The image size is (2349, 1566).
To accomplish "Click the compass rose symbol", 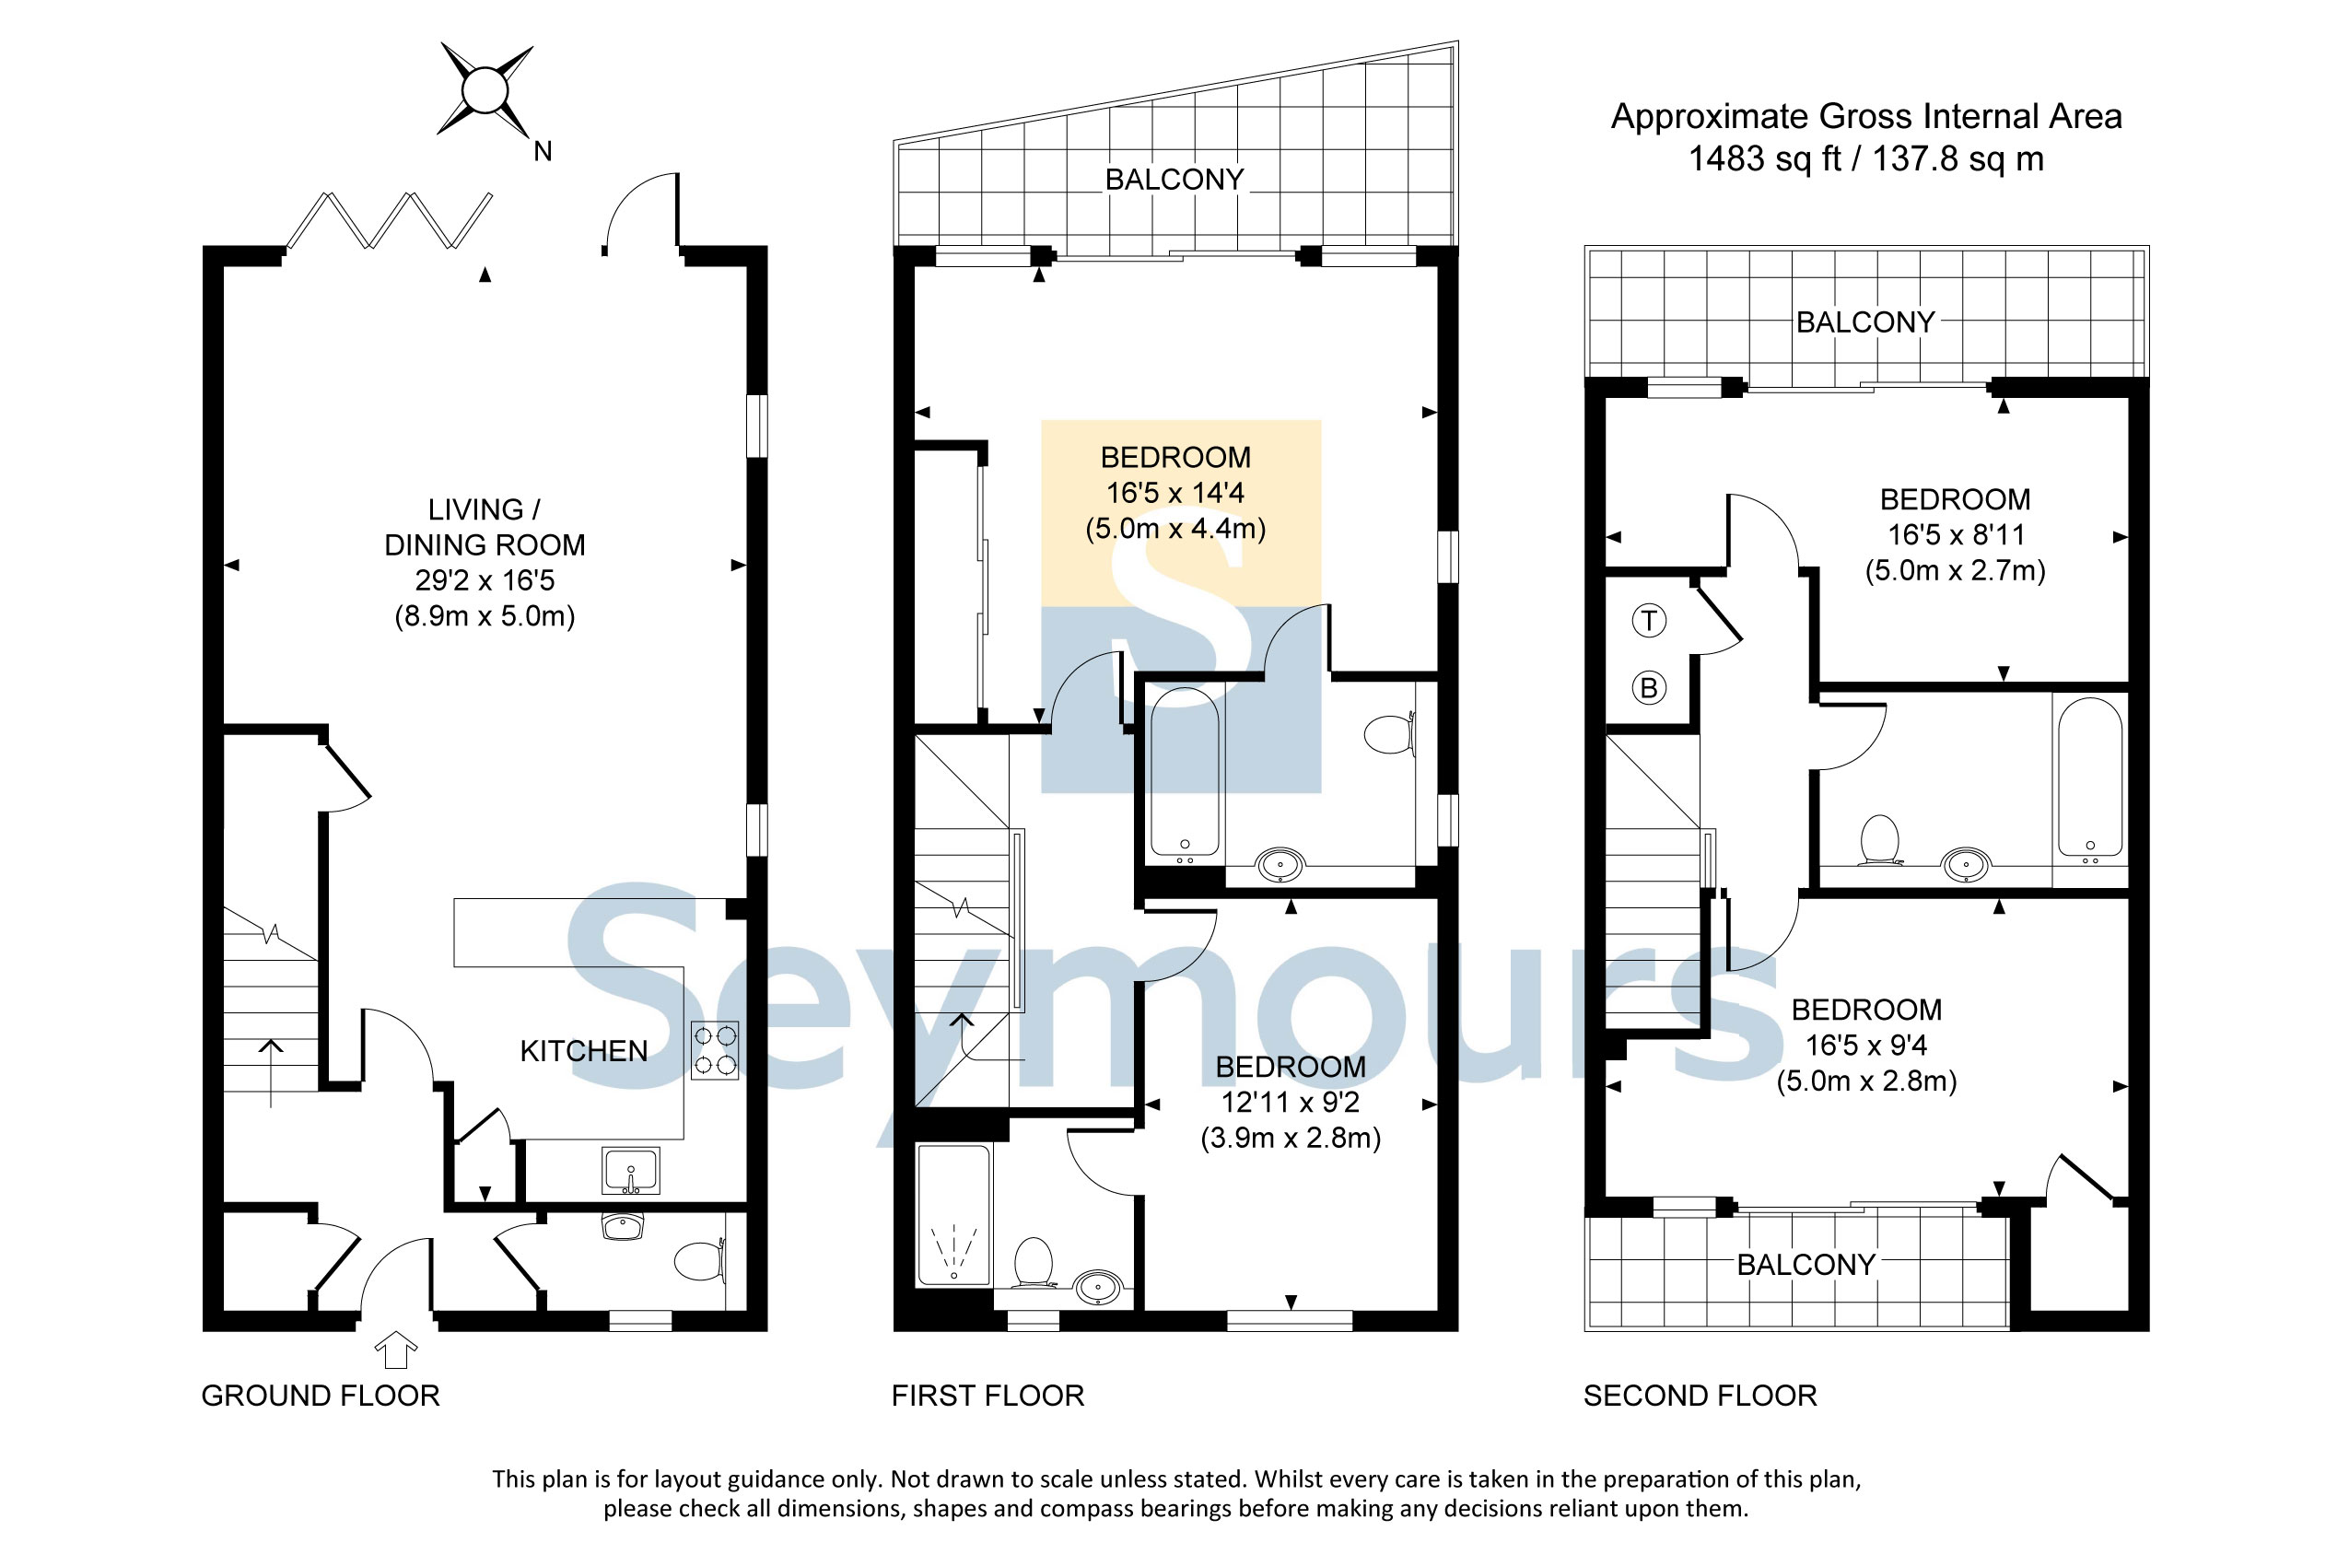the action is tap(485, 90).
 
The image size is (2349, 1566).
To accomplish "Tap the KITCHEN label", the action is tap(584, 1051).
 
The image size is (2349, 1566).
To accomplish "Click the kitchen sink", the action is tap(631, 1171).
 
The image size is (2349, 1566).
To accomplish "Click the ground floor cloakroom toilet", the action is tap(700, 1260).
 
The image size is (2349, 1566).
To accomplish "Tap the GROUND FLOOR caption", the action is tap(321, 1396).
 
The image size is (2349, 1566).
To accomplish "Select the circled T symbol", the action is tap(1649, 621).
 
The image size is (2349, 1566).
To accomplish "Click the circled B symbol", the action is tap(1649, 687).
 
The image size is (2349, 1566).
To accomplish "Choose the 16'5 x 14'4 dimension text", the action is tap(1175, 493).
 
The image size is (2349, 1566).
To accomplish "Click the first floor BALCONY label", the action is tap(1174, 180).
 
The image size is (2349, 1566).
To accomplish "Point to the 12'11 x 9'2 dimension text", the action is tap(1291, 1103).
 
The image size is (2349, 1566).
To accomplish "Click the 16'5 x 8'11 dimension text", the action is tap(1956, 534).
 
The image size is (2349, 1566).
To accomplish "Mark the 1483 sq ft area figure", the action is tap(1764, 158).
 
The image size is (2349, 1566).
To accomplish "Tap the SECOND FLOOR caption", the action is tap(1700, 1396).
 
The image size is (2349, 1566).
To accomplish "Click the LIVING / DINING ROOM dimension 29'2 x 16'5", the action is tap(485, 580).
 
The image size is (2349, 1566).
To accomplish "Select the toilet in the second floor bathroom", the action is tap(1879, 840).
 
